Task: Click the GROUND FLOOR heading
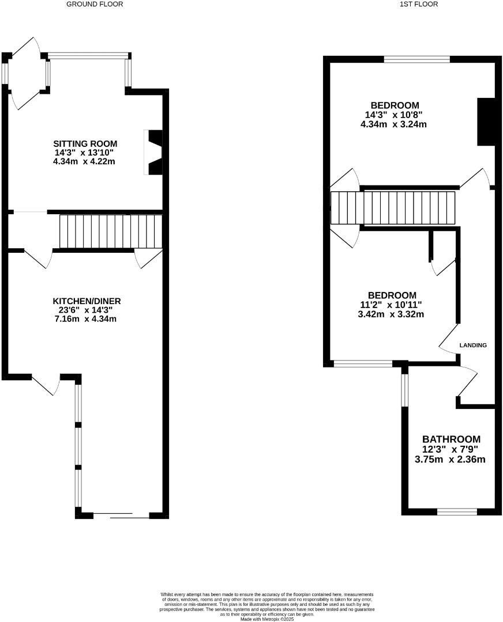[95, 4]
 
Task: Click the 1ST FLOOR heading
[418, 4]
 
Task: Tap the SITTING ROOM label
[85, 143]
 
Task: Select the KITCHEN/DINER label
[87, 301]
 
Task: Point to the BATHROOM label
[451, 439]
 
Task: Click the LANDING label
[473, 345]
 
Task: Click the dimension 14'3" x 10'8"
[394, 115]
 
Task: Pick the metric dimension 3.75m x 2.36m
[450, 459]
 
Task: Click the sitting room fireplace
[154, 153]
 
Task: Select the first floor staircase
[393, 208]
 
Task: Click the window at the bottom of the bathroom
[457, 511]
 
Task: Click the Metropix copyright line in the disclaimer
[267, 619]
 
